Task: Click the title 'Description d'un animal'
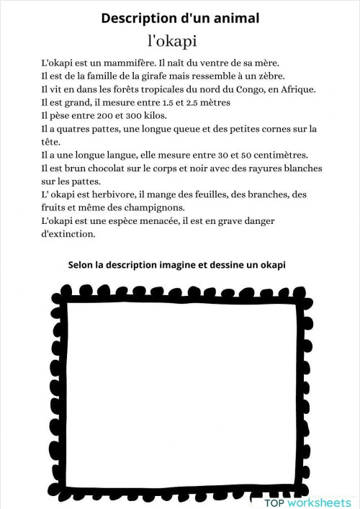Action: (x=180, y=17)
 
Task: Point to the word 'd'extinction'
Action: (x=68, y=233)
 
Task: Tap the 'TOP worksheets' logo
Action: (x=307, y=501)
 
